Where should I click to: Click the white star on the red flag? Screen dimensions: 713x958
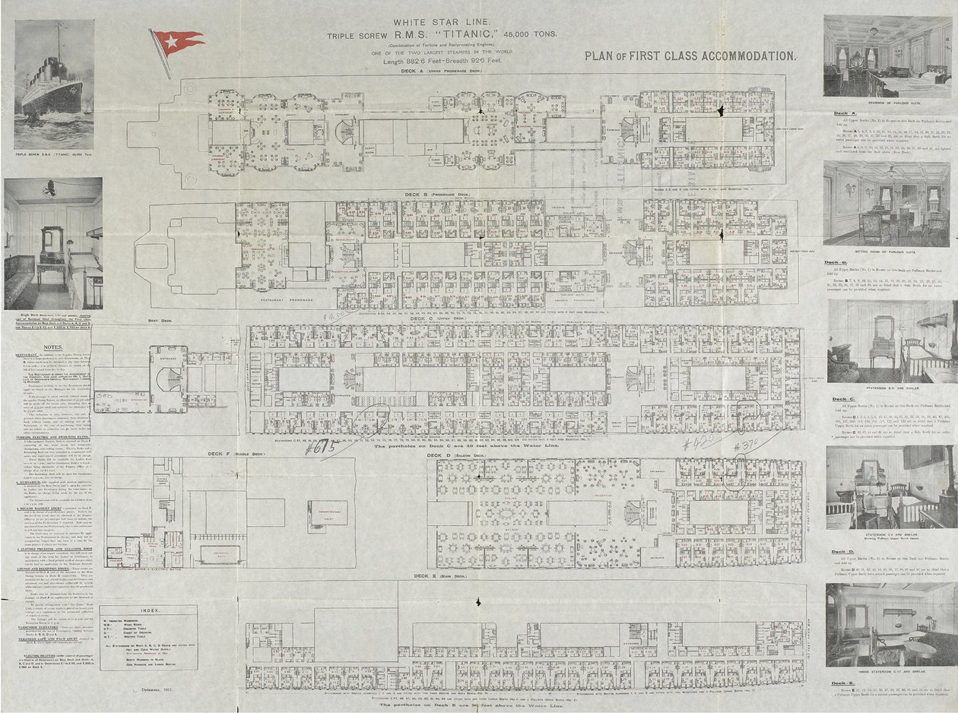[x=172, y=38]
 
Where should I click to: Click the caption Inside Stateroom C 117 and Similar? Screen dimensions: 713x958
[x=887, y=673]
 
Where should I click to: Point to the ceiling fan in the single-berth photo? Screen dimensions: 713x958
[x=49, y=186]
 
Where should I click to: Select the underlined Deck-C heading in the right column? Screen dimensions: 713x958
[x=844, y=398]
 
